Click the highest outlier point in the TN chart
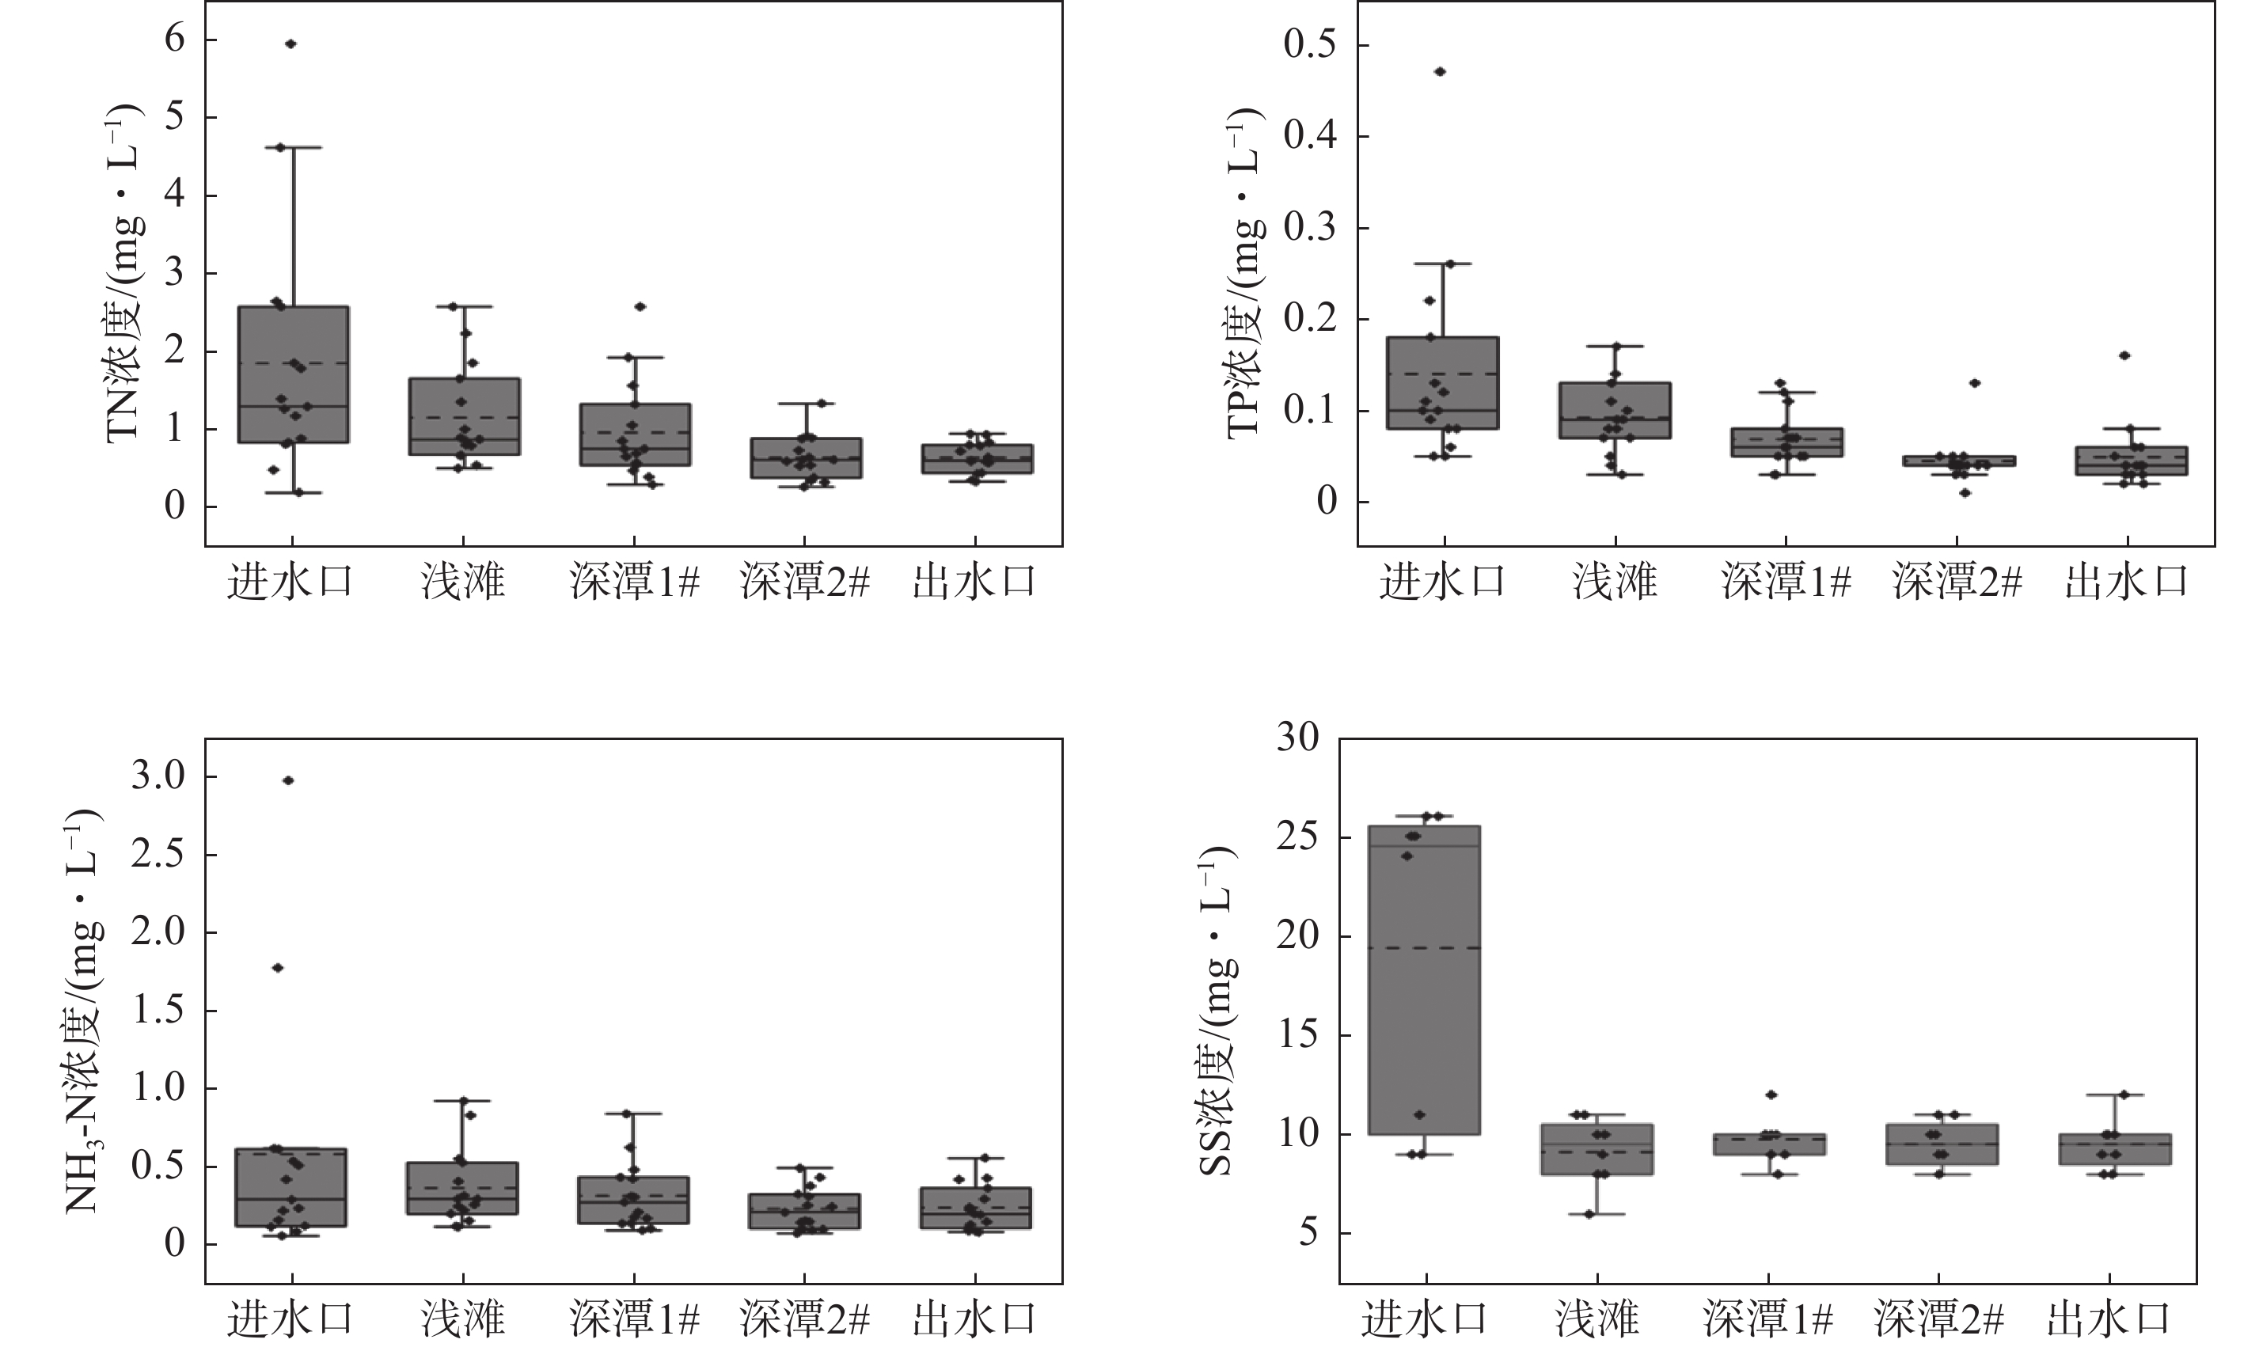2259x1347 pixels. (290, 44)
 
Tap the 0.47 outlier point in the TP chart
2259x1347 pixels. (1440, 72)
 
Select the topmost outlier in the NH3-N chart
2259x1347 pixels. (289, 780)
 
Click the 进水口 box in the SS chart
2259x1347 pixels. (1423, 981)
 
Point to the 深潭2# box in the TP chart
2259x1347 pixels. (1957, 461)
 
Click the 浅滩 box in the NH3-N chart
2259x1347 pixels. (463, 1188)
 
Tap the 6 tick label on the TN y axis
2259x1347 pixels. (174, 40)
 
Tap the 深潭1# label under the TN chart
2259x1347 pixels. (635, 582)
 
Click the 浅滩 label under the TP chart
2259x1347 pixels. (1615, 582)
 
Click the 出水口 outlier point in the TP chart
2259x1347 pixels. (2124, 356)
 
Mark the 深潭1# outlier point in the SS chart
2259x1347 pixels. (1771, 1095)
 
